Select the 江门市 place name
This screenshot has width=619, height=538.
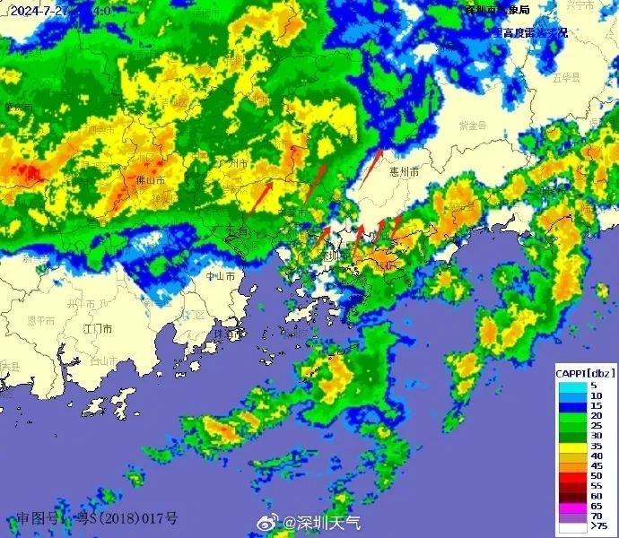coord(98,330)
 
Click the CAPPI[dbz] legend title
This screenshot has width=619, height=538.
coord(585,372)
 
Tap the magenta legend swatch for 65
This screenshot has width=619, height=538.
coord(571,506)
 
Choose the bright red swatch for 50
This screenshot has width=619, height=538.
coord(571,475)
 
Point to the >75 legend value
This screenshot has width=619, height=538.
coord(596,527)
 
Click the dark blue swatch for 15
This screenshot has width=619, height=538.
coord(571,405)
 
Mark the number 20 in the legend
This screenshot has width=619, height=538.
coord(595,416)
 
